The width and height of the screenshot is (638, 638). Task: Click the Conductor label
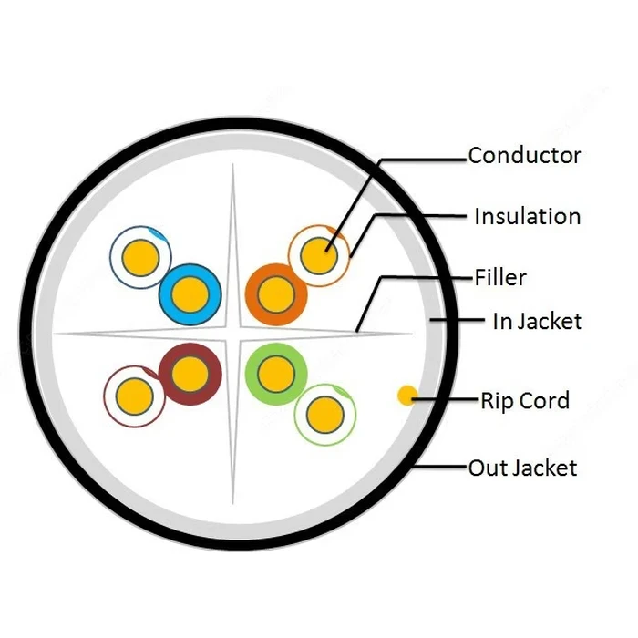(524, 156)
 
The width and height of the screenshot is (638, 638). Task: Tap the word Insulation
(528, 216)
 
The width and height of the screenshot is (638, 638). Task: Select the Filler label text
(500, 277)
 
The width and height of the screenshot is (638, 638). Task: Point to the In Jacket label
(537, 321)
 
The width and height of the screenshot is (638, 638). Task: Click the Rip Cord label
(525, 400)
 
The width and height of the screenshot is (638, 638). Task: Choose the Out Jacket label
(522, 468)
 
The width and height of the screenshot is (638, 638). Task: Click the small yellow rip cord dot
(406, 396)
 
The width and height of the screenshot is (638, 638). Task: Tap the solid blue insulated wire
(190, 294)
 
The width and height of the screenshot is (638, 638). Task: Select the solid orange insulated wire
(276, 294)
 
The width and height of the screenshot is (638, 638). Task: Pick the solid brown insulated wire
(190, 374)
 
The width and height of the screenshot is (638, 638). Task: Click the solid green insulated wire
(276, 374)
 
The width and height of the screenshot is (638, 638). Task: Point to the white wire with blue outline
(140, 257)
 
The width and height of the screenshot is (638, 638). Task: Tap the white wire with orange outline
(319, 255)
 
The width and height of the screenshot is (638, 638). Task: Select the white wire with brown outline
(135, 396)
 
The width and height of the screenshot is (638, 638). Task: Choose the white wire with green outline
(325, 415)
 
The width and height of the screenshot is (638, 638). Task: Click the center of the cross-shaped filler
(233, 334)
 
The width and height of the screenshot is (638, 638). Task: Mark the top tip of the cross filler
(233, 163)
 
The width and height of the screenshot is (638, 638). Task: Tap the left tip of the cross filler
(54, 334)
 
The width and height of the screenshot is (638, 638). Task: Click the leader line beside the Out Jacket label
(439, 467)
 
